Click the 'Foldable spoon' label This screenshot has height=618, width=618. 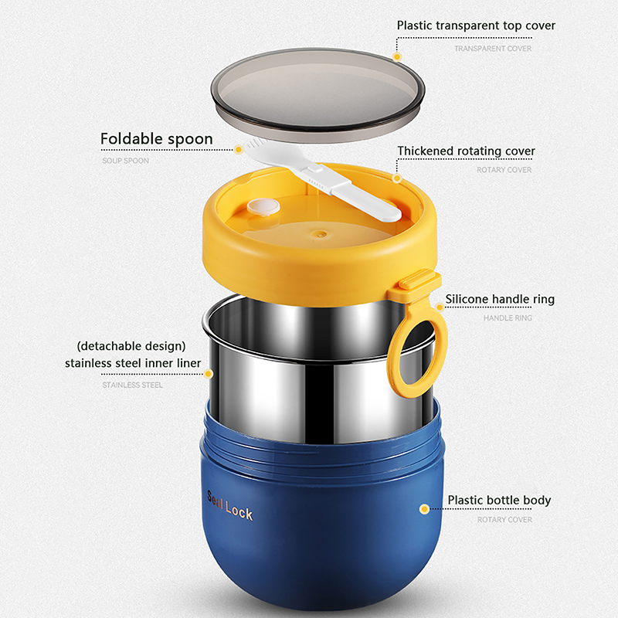(157, 139)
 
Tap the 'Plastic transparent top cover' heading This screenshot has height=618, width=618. (476, 25)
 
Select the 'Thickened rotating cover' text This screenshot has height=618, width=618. (466, 151)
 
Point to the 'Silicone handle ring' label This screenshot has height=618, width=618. (500, 299)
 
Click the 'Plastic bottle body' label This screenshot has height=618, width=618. (499, 500)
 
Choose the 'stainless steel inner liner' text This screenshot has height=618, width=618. (133, 363)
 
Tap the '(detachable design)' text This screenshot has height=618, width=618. (131, 346)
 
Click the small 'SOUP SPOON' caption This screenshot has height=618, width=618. (125, 161)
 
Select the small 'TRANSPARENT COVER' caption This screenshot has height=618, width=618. (493, 49)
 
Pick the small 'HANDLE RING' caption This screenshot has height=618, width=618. (508, 318)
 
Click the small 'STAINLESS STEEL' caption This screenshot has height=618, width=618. (132, 385)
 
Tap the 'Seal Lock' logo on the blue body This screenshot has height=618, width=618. (229, 506)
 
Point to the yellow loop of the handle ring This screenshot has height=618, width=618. (437, 355)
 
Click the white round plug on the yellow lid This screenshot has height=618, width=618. (263, 207)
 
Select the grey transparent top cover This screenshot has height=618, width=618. (317, 94)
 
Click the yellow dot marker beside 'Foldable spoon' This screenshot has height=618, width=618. (238, 149)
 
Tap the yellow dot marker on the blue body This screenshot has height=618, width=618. (424, 509)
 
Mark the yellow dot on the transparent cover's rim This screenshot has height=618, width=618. (397, 56)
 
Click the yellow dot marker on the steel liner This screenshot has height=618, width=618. (208, 374)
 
